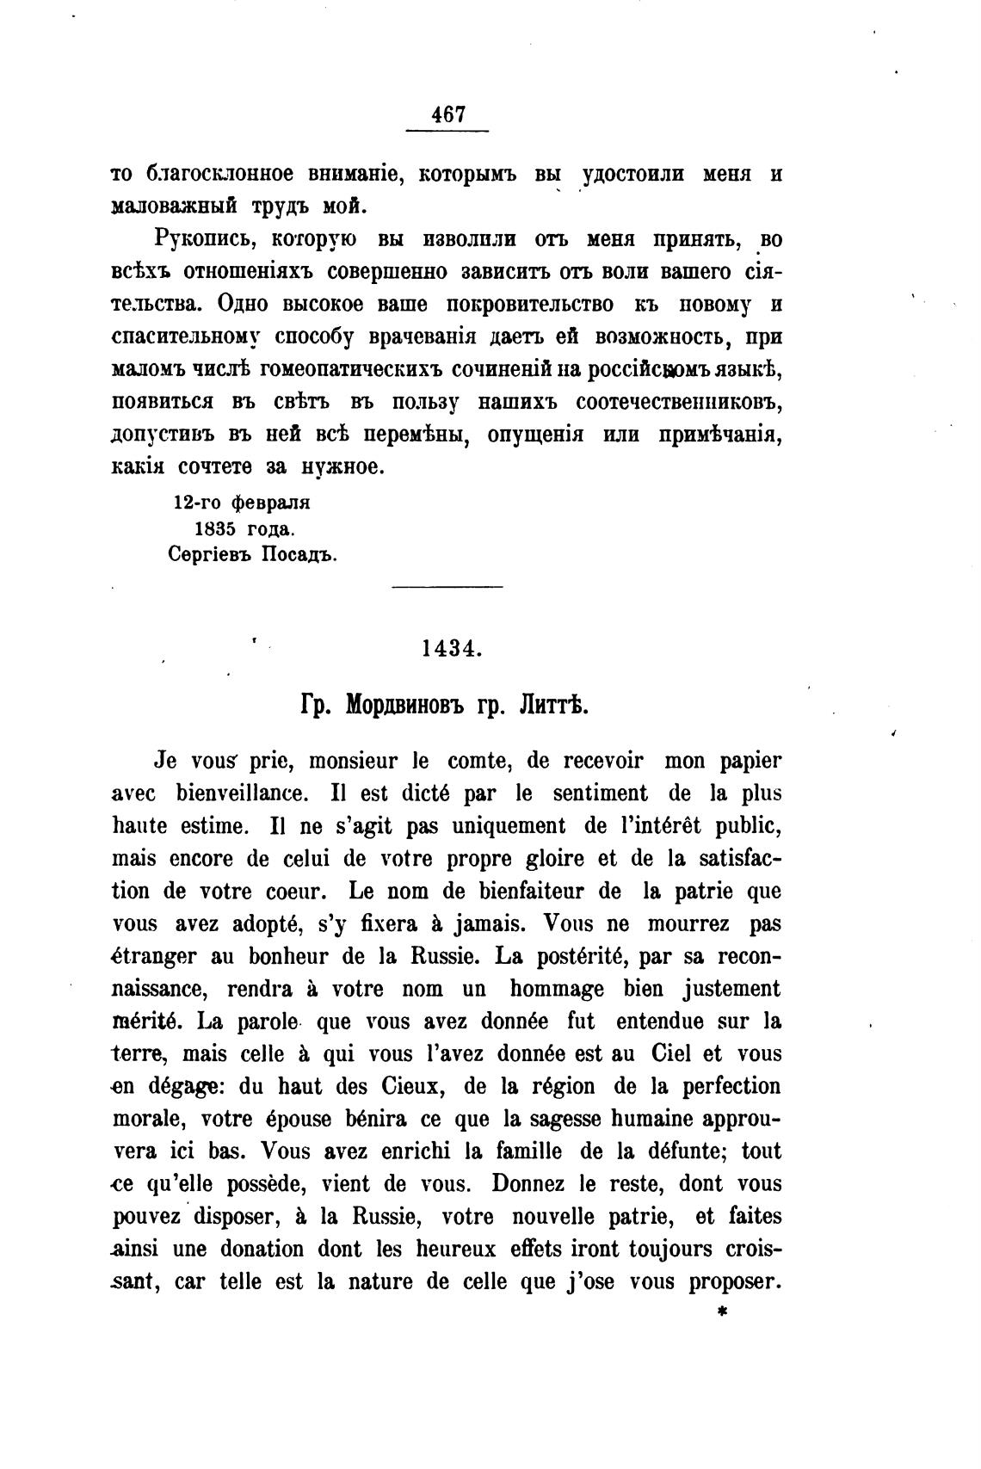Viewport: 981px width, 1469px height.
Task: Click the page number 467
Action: [x=447, y=114]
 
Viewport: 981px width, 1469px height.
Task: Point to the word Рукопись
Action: [x=197, y=238]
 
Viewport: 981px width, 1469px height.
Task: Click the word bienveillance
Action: [x=238, y=793]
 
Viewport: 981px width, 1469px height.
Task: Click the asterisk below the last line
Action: [x=722, y=1313]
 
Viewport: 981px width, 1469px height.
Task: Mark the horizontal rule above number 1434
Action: [x=447, y=588]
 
